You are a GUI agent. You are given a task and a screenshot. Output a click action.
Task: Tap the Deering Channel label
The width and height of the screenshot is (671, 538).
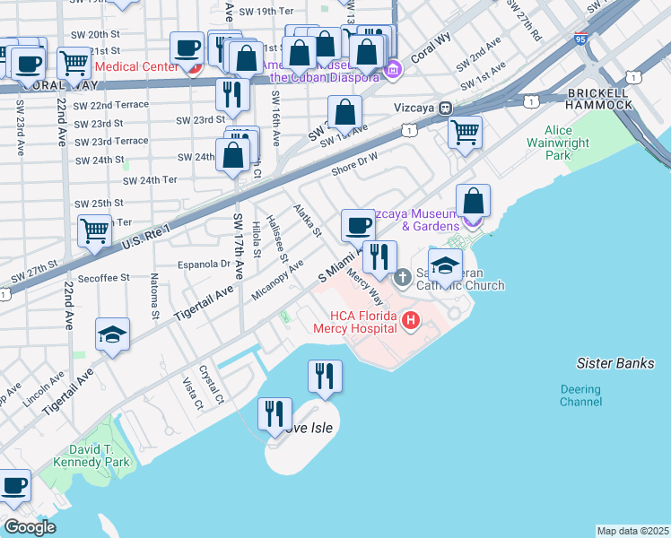pos(581,395)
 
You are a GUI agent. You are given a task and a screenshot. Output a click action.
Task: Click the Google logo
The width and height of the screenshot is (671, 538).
pos(30,527)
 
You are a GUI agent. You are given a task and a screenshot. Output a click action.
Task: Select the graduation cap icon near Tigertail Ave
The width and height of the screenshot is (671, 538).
pos(113,335)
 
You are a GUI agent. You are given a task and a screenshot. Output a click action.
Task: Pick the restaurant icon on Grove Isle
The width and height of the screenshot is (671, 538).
pos(274,413)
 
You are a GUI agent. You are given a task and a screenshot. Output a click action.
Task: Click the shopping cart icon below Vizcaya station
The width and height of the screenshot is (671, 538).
pos(465,133)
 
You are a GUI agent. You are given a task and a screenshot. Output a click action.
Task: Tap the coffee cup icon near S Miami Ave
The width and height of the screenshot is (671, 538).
pos(359,225)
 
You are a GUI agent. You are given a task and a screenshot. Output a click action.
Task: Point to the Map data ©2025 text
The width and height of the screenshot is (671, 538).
pos(632,531)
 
